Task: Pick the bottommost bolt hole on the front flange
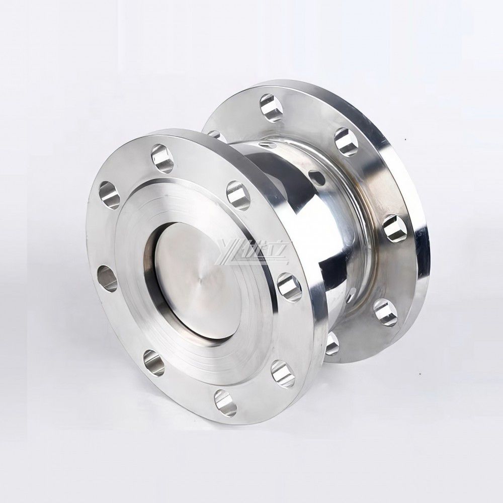225,402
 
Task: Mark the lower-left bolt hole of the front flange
153,363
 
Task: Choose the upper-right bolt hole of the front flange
238,195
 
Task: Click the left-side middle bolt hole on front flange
107,278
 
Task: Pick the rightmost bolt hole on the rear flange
395,227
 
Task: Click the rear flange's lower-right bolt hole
386,312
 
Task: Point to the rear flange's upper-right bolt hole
346,141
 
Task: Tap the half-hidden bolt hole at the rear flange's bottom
332,344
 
